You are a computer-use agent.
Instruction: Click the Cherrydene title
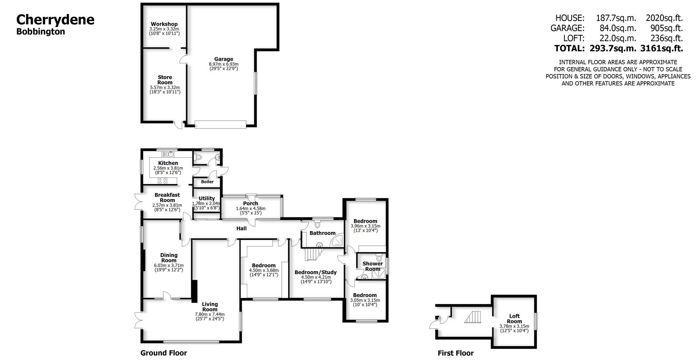(x=55, y=20)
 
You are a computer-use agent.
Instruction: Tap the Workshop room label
(x=164, y=24)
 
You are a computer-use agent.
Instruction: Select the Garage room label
(x=223, y=59)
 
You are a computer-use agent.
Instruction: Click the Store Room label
(x=165, y=80)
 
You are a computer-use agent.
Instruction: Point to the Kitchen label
(x=168, y=163)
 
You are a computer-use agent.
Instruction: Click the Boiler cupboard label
(x=207, y=182)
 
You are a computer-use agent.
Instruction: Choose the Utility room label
(x=207, y=198)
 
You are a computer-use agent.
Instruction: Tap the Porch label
(x=250, y=204)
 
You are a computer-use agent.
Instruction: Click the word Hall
(x=241, y=229)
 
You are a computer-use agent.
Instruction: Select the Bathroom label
(x=322, y=233)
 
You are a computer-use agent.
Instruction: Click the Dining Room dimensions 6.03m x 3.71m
(x=169, y=266)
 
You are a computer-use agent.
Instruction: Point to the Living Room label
(x=210, y=306)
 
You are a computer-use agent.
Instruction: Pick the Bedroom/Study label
(x=315, y=272)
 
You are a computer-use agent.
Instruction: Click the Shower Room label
(x=373, y=266)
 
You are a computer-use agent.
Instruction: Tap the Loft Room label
(x=514, y=318)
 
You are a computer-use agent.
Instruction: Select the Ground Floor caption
(x=164, y=353)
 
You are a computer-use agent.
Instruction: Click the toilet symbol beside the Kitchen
(x=198, y=157)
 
